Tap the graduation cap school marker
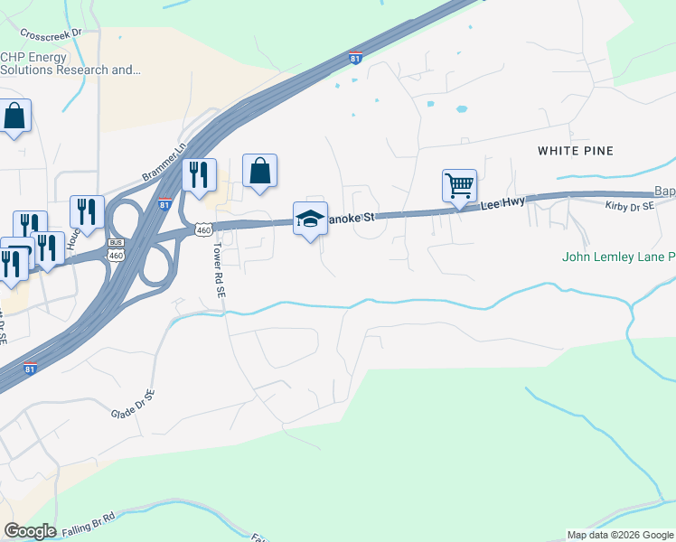(309, 220)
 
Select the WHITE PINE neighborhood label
(576, 150)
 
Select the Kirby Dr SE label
(629, 207)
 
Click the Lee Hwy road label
(502, 205)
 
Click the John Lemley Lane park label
(618, 257)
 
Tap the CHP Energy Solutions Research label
(70, 63)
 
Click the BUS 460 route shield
(115, 247)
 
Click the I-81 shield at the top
(357, 58)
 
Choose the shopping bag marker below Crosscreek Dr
(14, 117)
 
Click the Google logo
(31, 531)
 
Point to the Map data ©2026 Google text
(620, 535)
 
